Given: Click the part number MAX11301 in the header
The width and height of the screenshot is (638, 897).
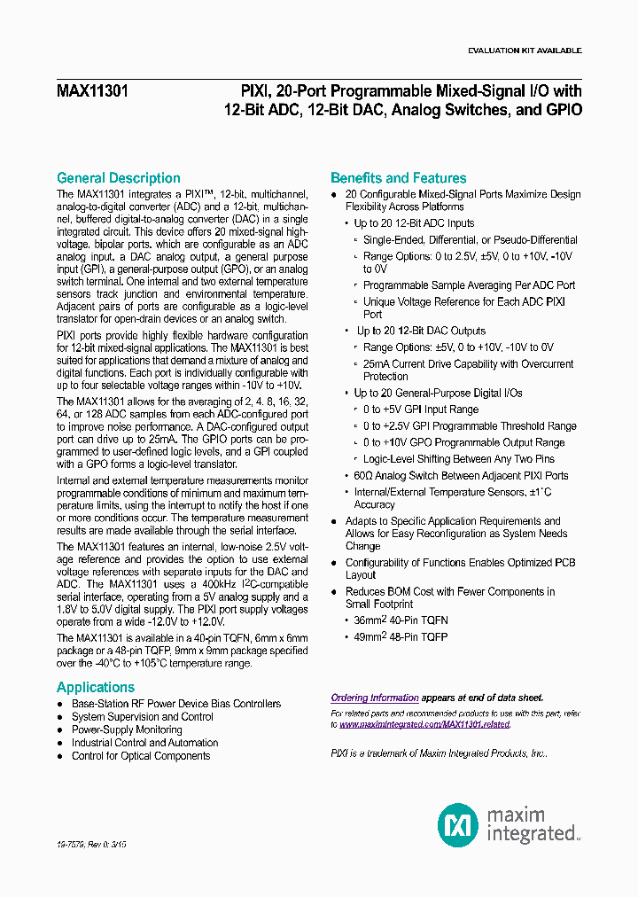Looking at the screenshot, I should point(92,90).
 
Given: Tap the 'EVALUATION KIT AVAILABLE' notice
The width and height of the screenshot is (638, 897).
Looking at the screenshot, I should point(524,51).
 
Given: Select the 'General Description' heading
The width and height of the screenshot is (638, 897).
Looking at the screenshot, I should point(118,178).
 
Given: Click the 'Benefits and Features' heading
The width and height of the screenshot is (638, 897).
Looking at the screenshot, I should point(398,178).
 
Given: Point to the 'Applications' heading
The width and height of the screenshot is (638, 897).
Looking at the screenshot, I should point(96,687).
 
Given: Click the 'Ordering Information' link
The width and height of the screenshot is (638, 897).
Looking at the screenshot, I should point(375,698).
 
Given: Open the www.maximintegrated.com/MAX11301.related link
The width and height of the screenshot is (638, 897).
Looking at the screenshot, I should point(424,724).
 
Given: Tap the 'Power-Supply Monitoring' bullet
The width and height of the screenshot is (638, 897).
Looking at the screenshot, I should point(127,729).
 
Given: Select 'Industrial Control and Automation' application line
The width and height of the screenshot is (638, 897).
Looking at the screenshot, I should point(144,743).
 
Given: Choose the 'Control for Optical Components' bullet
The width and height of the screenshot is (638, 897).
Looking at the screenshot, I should point(141,756).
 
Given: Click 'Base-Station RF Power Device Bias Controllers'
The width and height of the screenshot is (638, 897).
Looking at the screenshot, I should point(175,704).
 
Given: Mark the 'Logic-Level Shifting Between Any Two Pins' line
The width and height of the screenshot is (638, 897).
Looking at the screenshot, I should point(458,459).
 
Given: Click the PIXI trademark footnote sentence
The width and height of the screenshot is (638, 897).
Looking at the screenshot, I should point(439,753).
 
